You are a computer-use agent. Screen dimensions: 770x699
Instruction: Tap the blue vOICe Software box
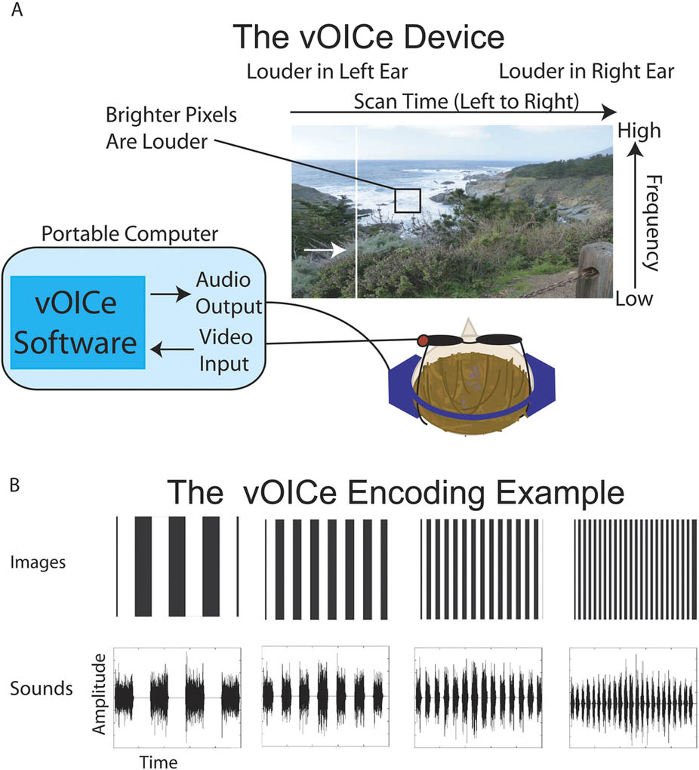[77, 322]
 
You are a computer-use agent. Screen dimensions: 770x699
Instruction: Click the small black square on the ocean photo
[408, 200]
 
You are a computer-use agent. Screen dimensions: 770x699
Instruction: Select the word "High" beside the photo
[639, 131]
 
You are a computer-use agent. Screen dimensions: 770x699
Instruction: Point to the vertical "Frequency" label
[650, 223]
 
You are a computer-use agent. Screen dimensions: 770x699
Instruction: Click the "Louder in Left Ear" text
[327, 72]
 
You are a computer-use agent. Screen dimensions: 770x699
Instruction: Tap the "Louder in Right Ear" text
[586, 72]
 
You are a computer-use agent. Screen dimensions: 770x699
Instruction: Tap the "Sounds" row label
[42, 688]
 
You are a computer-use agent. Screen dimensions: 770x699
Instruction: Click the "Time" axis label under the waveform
[158, 761]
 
